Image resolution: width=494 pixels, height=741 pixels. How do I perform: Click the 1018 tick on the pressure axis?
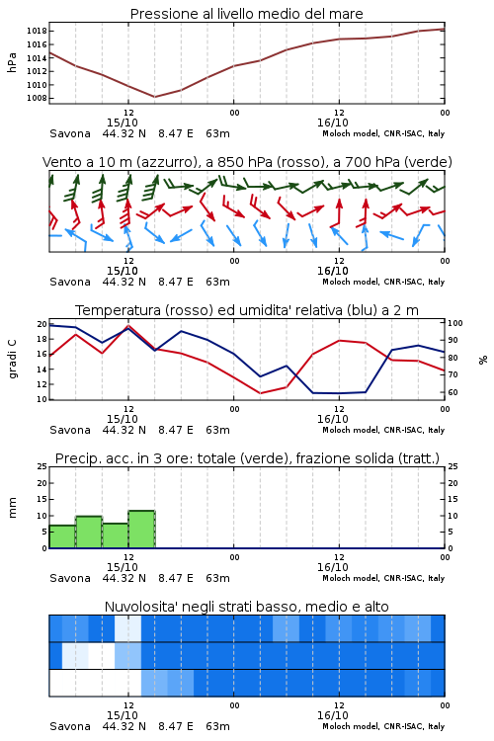[x=37, y=32]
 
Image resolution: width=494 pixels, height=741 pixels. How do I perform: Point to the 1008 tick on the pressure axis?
[x=37, y=98]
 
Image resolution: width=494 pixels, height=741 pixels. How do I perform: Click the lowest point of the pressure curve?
[x=154, y=97]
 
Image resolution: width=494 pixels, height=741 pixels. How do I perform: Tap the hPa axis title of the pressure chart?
[x=12, y=63]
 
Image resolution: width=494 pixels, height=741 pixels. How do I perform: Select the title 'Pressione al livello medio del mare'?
[x=247, y=14]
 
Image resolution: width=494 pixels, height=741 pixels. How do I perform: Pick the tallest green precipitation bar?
[x=141, y=530]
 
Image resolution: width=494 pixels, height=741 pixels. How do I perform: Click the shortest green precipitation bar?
[x=62, y=536]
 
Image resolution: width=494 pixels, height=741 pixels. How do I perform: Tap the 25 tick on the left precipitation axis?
[x=42, y=467]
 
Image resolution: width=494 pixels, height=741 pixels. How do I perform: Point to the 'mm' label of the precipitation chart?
[x=12, y=508]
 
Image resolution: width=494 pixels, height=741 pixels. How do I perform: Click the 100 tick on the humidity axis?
[x=455, y=323]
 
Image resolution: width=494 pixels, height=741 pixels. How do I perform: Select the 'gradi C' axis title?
[x=12, y=360]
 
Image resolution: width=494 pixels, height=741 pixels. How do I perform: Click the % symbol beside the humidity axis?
[x=483, y=360]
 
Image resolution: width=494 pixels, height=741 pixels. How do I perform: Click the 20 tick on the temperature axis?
[x=42, y=324]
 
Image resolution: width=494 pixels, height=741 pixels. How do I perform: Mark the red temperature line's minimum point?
[x=260, y=393]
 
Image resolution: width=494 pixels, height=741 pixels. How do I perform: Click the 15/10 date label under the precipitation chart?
[x=123, y=567]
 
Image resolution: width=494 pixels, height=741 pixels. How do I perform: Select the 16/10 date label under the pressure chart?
[x=333, y=123]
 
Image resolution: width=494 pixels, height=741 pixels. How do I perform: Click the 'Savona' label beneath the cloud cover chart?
[x=70, y=726]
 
